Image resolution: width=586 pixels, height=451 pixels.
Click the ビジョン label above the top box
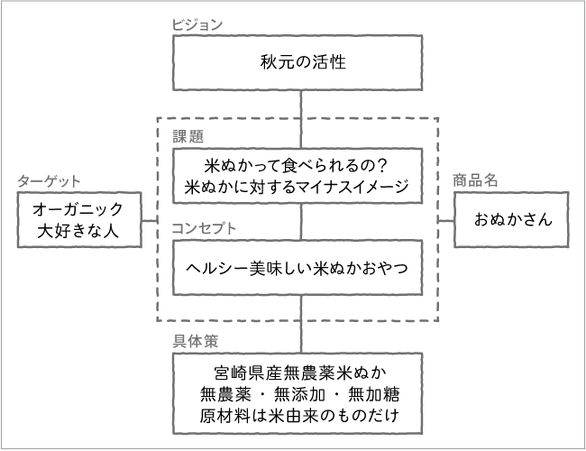[197, 23]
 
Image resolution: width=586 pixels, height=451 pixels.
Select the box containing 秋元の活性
[298, 63]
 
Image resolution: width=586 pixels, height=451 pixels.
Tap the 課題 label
[188, 137]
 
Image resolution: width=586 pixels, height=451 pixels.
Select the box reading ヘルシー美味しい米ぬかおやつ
[298, 268]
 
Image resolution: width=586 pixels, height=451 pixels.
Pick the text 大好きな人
[78, 232]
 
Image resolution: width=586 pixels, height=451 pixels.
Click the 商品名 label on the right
[474, 180]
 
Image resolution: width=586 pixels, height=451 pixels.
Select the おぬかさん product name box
[510, 219]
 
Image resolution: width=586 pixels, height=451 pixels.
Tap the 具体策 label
[195, 341]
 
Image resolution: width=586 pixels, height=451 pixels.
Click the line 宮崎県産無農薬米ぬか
[298, 373]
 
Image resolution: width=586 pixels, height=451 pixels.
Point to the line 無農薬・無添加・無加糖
[298, 395]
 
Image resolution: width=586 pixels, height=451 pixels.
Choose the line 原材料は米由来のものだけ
[298, 418]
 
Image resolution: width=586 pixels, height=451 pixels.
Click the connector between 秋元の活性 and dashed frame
[301, 104]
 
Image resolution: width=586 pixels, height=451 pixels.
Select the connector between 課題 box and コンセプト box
[301, 221]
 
